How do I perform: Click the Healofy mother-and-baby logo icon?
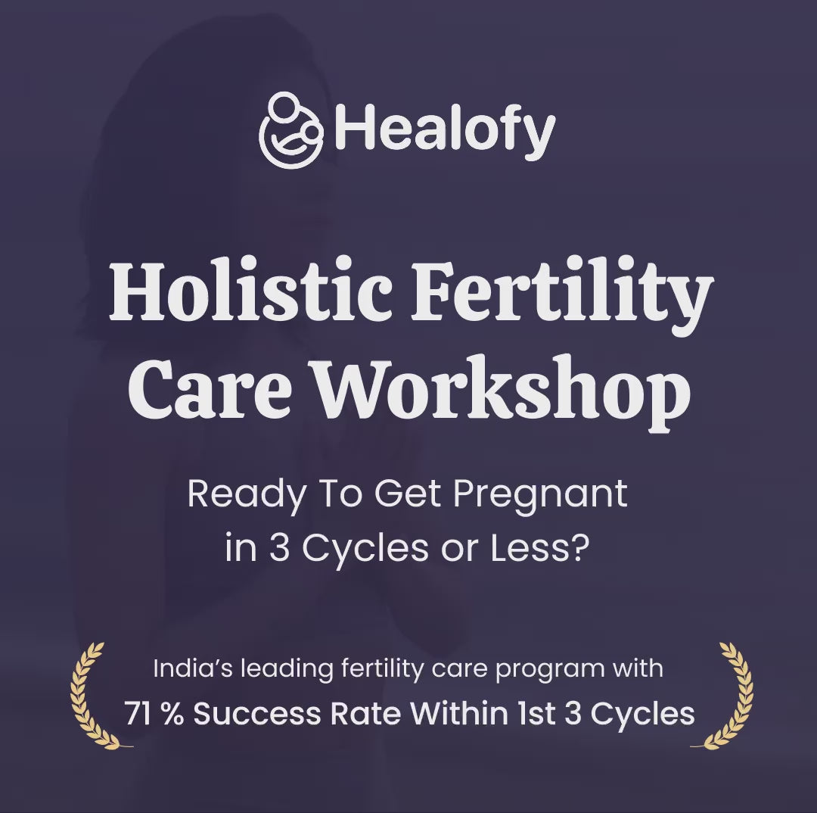[290, 130]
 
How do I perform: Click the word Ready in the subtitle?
[246, 495]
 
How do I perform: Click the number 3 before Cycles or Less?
[279, 549]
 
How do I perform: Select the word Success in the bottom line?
[257, 714]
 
